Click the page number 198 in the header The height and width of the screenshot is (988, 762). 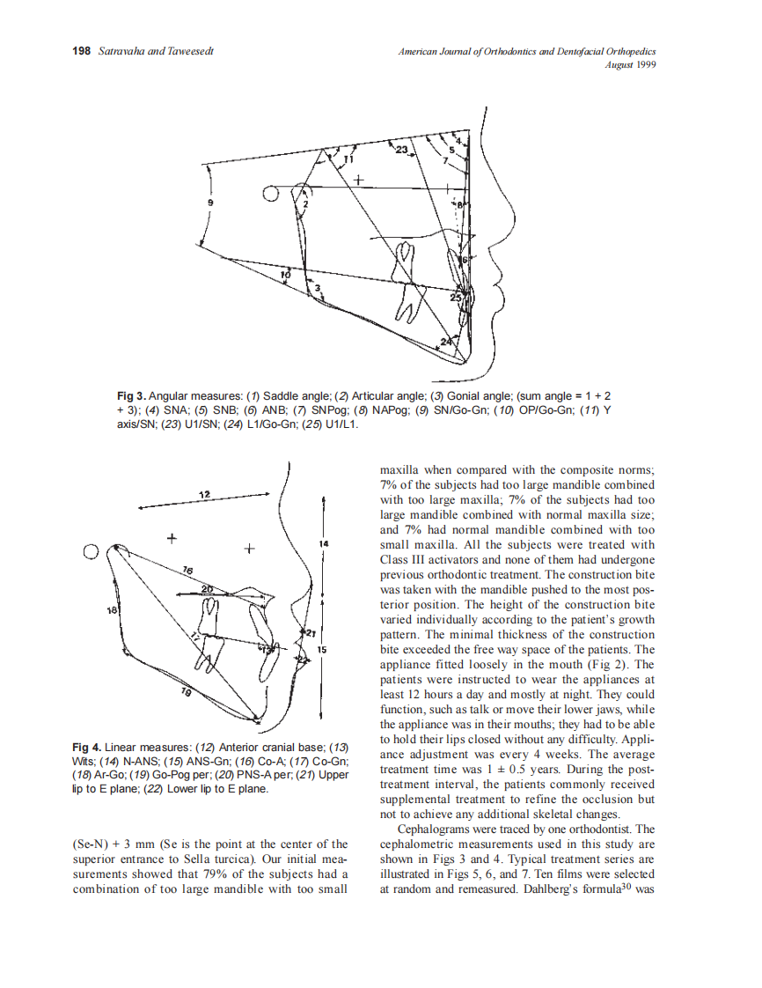point(81,52)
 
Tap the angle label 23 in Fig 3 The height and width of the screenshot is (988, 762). point(401,151)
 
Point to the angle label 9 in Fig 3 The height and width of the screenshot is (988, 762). point(209,203)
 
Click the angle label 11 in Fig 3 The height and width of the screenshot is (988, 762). point(347,159)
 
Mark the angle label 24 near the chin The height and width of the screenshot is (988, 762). point(447,341)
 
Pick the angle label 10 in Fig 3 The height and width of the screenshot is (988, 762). point(284,276)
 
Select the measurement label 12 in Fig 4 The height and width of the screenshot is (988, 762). point(204,494)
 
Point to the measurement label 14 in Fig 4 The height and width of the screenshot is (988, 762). point(324,545)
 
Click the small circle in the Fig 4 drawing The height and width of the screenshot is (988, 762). point(90,552)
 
